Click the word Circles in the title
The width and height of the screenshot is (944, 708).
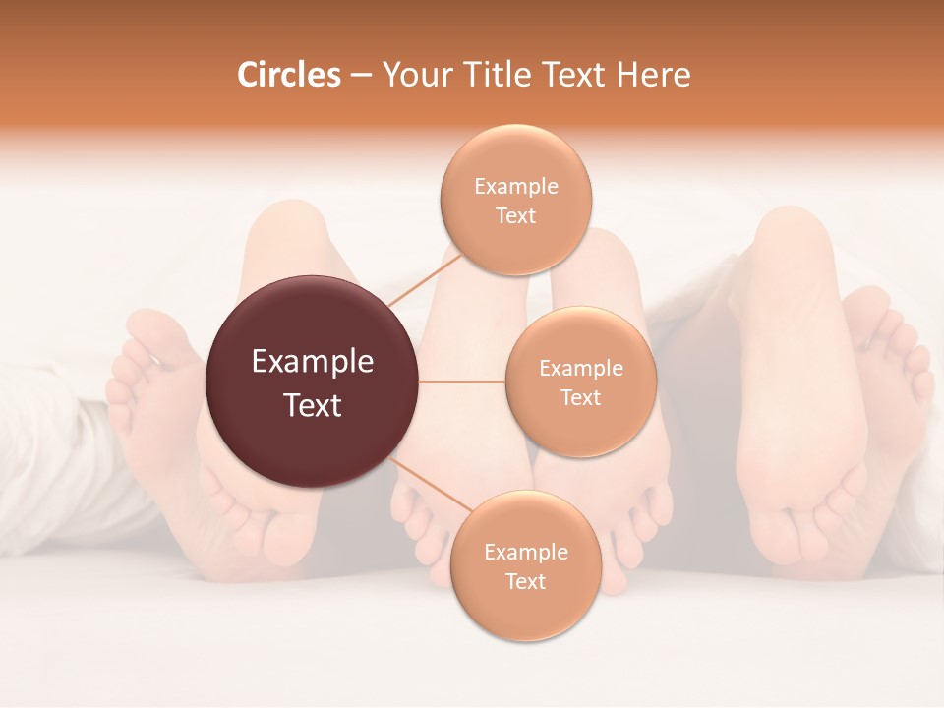click(288, 75)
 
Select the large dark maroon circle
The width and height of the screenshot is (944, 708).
click(312, 382)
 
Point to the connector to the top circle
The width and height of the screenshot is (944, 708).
click(421, 285)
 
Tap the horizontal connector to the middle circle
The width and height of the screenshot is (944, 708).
click(462, 382)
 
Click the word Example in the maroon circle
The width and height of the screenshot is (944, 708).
click(313, 362)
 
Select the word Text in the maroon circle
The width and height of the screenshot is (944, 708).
click(313, 405)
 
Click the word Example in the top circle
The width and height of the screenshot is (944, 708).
click(516, 187)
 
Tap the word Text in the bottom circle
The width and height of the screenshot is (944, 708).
click(525, 581)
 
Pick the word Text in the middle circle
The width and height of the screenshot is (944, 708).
click(580, 397)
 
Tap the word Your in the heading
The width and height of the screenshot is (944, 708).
click(415, 75)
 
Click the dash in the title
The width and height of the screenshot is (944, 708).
click(361, 76)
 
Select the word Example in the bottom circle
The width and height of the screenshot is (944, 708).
click(525, 552)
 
